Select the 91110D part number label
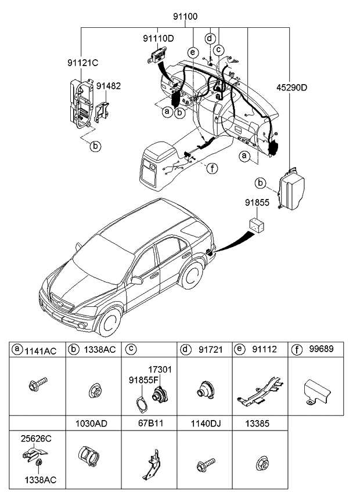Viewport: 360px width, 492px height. pos(159,38)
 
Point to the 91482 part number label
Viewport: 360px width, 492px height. pos(108,85)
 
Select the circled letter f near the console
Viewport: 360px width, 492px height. pos(213,169)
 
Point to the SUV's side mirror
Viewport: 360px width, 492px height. pos(137,281)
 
